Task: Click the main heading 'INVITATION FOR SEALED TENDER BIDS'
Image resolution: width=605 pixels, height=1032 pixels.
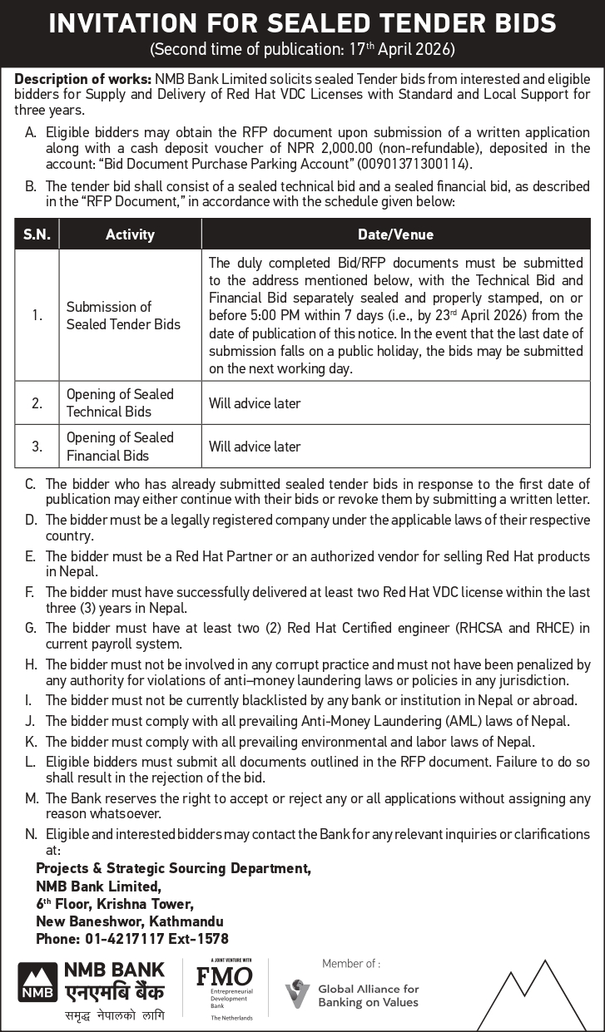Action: [x=302, y=22]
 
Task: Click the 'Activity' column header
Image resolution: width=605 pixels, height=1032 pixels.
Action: [x=130, y=235]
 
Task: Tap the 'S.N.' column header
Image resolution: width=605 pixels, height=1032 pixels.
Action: [x=37, y=235]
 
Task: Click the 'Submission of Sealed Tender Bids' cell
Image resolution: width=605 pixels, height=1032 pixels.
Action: [x=123, y=316]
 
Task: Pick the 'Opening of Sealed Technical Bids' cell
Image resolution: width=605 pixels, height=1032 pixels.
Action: [x=120, y=403]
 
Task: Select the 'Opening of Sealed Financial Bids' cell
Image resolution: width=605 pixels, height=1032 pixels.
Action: [x=120, y=447]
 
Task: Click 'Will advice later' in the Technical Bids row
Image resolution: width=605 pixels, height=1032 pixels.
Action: [x=255, y=403]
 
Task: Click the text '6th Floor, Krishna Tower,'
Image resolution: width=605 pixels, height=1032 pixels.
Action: [x=115, y=903]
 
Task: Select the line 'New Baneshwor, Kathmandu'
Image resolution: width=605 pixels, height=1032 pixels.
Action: [x=129, y=921]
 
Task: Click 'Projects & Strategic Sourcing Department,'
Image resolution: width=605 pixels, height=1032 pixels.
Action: [x=173, y=868]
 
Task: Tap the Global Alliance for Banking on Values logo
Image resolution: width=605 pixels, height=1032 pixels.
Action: [x=352, y=995]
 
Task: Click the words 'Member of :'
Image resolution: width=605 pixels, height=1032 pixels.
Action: [x=350, y=963]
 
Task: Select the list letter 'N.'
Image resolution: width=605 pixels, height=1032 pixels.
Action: [x=32, y=833]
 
